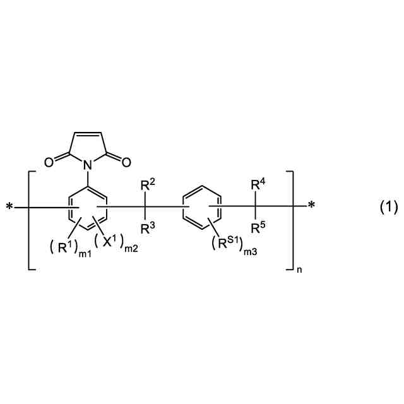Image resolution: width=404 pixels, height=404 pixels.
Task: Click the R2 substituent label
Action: [146, 185]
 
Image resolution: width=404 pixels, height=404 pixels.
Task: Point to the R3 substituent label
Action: [146, 229]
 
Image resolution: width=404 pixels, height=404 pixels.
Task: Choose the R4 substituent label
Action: [258, 185]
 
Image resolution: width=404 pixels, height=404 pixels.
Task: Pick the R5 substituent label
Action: [258, 228]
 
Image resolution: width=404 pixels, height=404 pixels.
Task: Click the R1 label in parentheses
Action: [63, 246]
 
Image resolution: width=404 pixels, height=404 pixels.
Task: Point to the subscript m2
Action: [131, 251]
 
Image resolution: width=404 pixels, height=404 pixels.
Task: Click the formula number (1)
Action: [388, 206]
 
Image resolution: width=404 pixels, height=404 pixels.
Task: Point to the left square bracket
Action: [30, 220]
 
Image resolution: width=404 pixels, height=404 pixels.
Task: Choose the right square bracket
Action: [292, 220]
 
